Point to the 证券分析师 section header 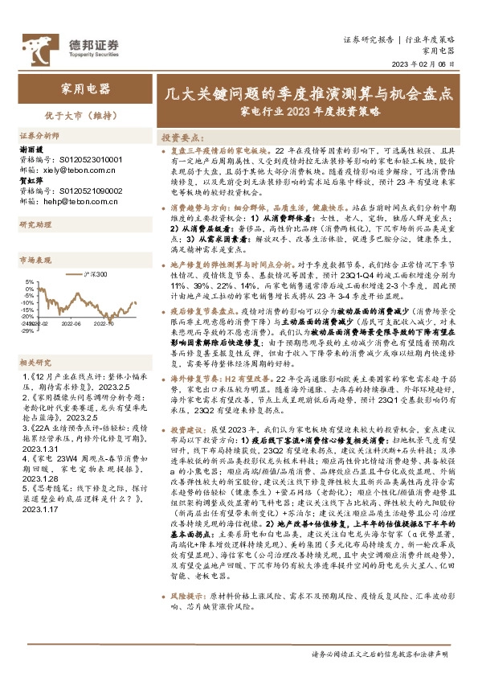[x=39, y=137]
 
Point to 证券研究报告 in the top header [x=368, y=38]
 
